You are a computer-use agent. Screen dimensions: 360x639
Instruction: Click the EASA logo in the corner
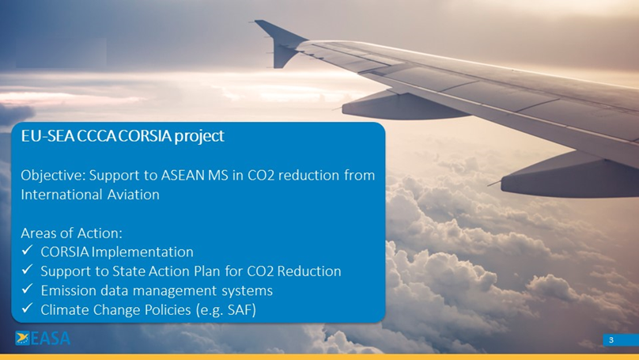click(43, 339)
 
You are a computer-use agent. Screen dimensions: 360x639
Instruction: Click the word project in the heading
click(199, 136)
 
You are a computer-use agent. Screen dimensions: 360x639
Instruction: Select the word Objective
click(53, 175)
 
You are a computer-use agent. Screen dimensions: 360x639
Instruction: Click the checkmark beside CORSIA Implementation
click(27, 252)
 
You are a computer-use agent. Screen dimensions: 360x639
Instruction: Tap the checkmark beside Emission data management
click(27, 290)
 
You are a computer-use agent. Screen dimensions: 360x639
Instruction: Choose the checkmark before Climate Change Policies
click(27, 309)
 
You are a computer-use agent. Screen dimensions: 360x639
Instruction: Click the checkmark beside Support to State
click(27, 271)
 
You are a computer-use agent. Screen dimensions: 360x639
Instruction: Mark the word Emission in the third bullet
click(69, 290)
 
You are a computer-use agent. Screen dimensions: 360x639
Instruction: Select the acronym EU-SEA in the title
click(46, 136)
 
